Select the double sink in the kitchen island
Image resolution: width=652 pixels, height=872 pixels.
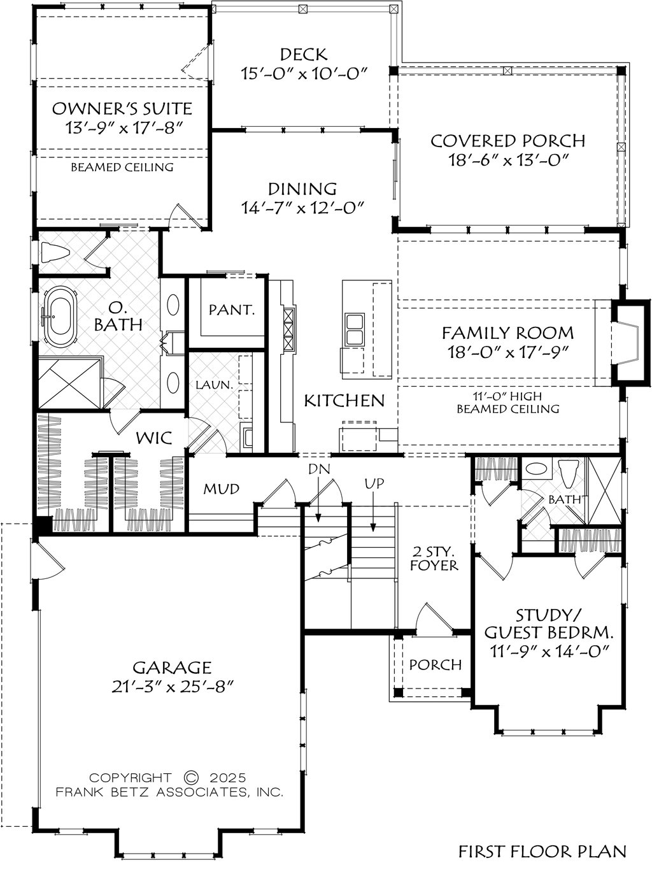[355, 329]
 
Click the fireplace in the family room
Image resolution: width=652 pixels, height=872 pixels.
[628, 342]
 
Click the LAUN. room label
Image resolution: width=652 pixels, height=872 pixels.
[214, 385]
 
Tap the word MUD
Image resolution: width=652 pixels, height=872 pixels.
[221, 489]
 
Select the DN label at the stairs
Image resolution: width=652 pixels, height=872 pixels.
[319, 469]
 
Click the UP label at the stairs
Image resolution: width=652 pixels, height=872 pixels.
[374, 484]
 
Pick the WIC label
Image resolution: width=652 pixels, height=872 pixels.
[154, 438]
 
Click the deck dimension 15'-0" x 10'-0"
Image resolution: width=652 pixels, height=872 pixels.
[304, 73]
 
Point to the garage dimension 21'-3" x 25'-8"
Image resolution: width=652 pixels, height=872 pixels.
[171, 687]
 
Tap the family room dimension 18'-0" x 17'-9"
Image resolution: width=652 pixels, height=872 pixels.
[507, 352]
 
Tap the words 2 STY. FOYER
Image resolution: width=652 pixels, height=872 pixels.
[434, 558]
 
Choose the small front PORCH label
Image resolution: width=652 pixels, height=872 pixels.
[435, 664]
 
